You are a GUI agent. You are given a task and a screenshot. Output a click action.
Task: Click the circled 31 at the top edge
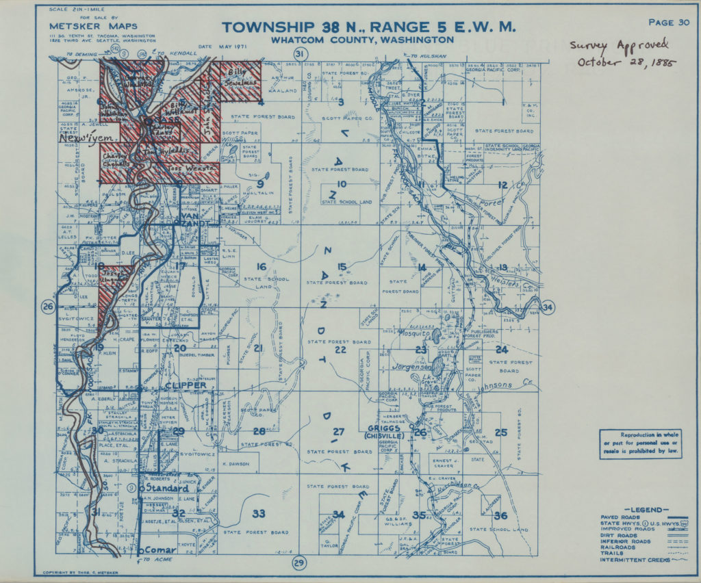[x=298, y=54]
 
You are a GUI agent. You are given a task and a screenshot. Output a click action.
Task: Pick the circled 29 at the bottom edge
[x=298, y=563]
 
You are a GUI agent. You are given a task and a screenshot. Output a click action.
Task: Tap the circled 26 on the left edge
[x=48, y=307]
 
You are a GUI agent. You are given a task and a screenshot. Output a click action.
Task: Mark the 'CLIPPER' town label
[x=186, y=386]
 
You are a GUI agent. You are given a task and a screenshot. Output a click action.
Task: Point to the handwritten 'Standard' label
[x=164, y=489]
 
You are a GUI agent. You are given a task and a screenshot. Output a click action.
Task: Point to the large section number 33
[x=259, y=513]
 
